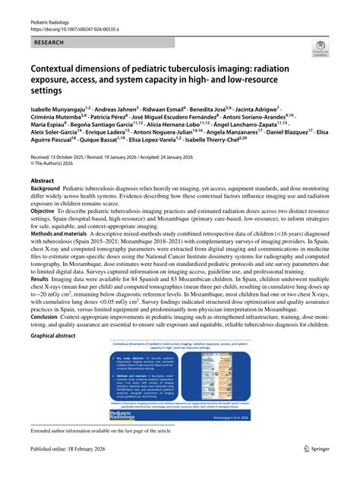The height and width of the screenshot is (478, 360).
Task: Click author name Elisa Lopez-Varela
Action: (160, 162)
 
